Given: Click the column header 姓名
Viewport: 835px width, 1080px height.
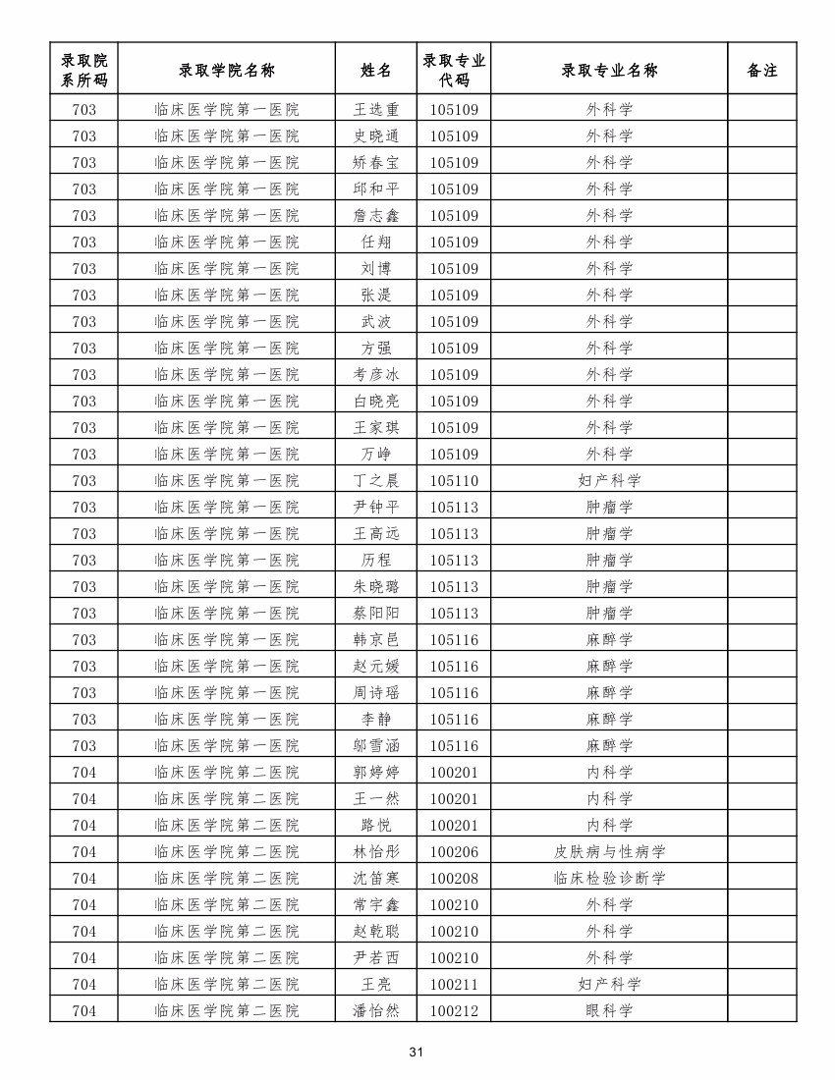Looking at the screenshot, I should [376, 70].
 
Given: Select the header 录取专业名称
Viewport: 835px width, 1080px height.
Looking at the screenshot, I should [609, 70].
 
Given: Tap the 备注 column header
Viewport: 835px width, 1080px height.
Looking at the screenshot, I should [761, 70].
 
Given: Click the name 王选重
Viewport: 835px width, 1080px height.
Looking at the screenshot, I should [376, 109].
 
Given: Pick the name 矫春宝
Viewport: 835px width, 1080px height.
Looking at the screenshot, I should [376, 162].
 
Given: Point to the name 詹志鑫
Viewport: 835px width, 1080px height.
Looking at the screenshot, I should [376, 215].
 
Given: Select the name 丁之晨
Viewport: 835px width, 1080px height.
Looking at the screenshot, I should [376, 480].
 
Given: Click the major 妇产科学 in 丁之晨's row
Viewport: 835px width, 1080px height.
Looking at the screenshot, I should [609, 480].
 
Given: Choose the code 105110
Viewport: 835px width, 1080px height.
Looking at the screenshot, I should [454, 480].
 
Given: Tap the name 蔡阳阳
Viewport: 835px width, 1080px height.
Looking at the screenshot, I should [376, 613].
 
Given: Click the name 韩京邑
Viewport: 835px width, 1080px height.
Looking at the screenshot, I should [376, 639].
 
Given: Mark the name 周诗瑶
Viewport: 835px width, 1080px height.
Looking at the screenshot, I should [376, 692].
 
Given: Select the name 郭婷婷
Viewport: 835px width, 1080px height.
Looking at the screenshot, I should [376, 772].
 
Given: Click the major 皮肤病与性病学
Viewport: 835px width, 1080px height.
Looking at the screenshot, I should [609, 851].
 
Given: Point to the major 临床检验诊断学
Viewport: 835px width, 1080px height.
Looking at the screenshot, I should [609, 878].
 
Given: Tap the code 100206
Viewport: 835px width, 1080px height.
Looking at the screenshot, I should [454, 851].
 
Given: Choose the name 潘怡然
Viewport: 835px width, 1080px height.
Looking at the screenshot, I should [376, 1010].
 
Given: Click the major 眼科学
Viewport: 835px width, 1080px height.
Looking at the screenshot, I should [609, 1010].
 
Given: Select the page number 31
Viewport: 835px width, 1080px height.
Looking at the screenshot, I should [416, 1053].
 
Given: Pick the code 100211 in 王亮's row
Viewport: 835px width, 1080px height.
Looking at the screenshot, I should [454, 984].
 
